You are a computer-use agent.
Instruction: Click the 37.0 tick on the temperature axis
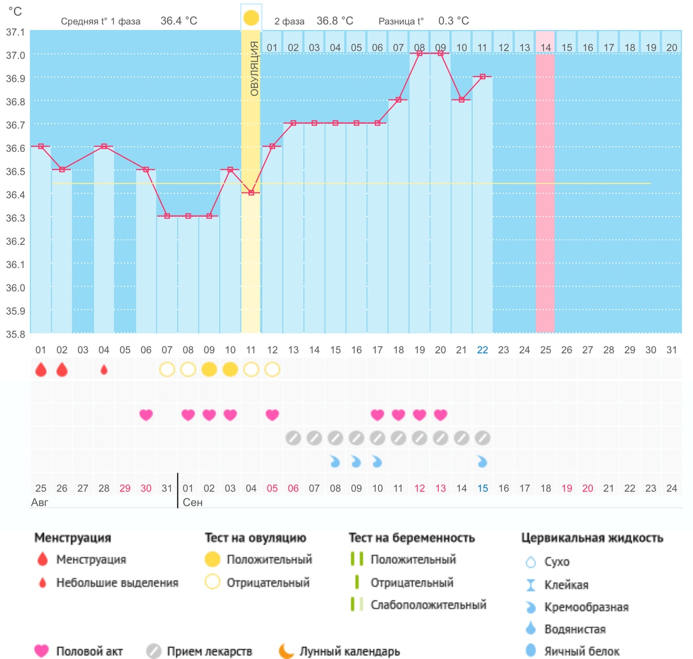16,55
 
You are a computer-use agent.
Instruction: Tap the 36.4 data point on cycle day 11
251,192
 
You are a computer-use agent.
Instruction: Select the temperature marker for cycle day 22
482,76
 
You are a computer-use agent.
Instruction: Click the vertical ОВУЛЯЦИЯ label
254,68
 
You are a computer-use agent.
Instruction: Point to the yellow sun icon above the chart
251,18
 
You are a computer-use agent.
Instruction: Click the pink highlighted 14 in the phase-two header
545,47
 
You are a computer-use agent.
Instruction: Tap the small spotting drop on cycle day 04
103,370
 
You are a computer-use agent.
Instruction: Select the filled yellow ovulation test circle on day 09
209,370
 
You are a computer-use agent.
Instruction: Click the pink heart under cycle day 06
146,415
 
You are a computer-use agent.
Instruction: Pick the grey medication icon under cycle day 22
482,438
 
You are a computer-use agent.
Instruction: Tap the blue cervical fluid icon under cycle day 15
335,461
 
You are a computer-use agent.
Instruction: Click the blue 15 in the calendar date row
482,489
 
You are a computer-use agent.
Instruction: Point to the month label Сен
192,502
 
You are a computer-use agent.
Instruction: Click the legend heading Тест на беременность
412,538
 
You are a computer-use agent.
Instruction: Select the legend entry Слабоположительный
429,605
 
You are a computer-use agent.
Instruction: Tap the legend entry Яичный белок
582,651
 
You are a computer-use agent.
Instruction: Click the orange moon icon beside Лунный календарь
286,651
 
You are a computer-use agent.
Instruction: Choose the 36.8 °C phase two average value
334,21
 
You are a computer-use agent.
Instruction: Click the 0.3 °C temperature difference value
453,21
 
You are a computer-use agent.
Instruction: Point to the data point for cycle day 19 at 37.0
419,53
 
